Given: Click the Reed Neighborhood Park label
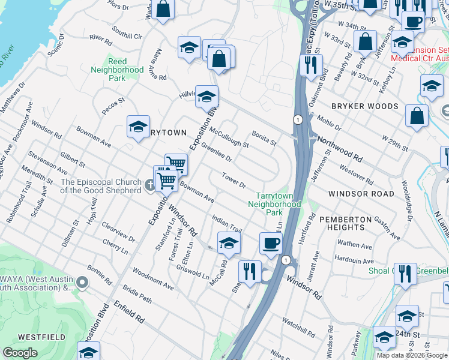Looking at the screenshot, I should tap(117, 70).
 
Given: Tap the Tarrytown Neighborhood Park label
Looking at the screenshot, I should tap(274, 204).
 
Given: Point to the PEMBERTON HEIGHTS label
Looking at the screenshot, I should tap(342, 223).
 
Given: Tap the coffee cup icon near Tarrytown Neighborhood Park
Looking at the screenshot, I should tap(271, 242).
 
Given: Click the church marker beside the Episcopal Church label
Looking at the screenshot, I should tap(149, 185).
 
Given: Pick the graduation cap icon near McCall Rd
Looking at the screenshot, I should tap(228, 242).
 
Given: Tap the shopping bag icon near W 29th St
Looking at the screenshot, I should tap(417, 115).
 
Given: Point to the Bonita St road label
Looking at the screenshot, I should tap(264, 138).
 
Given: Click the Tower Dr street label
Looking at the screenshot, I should tap(234, 179).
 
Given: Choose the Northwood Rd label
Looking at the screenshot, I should tap(340, 149).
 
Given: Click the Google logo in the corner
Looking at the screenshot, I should tap(20, 353).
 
